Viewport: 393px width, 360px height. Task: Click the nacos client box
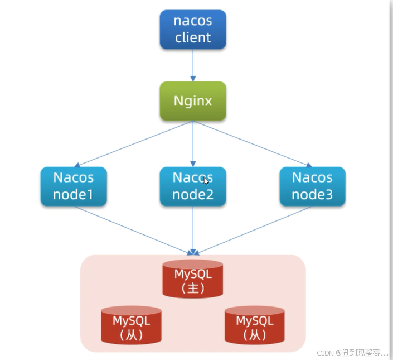pyautogui.click(x=193, y=30)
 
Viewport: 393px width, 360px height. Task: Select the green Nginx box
pyautogui.click(x=193, y=101)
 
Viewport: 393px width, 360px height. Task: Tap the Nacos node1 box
pyautogui.click(x=74, y=186)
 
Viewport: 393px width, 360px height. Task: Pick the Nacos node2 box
pyautogui.click(x=193, y=186)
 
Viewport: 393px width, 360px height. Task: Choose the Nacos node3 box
pyautogui.click(x=312, y=186)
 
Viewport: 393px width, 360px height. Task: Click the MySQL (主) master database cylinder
pyautogui.click(x=193, y=279)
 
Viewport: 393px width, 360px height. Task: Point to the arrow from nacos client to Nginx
pyautogui.click(x=193, y=65)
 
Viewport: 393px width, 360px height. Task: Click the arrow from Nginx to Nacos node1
pyautogui.click(x=134, y=143)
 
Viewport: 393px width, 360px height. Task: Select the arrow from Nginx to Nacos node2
pyautogui.click(x=193, y=143)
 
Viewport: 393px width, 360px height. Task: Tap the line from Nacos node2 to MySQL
pyautogui.click(x=193, y=229)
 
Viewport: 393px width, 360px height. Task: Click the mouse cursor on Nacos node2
pyautogui.click(x=206, y=181)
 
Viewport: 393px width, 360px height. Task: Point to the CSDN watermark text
pyautogui.click(x=352, y=353)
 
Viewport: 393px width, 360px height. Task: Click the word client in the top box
pyautogui.click(x=193, y=38)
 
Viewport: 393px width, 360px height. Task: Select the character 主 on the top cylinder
pyautogui.click(x=193, y=288)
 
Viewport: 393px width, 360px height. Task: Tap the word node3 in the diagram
pyautogui.click(x=312, y=195)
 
